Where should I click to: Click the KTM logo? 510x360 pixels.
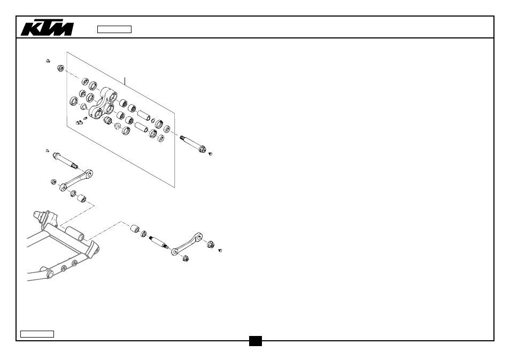point(47,28)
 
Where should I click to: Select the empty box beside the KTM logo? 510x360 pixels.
point(114,29)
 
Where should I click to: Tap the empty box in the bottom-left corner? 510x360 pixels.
point(37,334)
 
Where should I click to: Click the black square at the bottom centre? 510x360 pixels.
point(256,341)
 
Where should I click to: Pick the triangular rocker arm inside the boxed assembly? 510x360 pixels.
point(103,103)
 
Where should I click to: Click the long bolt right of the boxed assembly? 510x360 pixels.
point(193,144)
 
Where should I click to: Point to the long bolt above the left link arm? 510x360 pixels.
point(65,161)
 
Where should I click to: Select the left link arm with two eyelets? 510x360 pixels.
point(76,181)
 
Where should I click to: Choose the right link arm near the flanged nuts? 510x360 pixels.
point(187,244)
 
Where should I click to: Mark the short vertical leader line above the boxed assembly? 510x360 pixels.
point(125,81)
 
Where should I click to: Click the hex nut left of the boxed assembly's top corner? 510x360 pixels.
point(60,68)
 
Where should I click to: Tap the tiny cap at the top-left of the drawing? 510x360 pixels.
point(48,61)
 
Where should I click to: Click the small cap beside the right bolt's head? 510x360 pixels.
point(210,154)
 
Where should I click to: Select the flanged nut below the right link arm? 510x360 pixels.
point(186,259)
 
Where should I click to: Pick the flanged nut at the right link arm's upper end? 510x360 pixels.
point(210,244)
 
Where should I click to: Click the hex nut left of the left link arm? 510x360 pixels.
point(53,182)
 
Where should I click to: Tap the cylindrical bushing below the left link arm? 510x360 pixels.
point(81,198)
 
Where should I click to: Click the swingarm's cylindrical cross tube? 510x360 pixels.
point(74,233)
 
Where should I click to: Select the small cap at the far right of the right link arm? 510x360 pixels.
point(220,251)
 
